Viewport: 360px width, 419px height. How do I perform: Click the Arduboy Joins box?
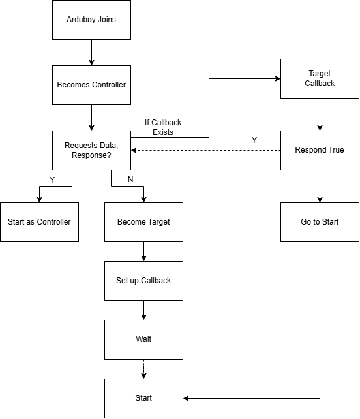91,20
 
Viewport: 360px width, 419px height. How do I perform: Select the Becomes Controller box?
91,85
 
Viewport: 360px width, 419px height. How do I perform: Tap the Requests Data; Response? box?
91,150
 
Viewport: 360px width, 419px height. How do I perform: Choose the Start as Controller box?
39,221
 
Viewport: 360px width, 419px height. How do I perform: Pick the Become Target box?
143,221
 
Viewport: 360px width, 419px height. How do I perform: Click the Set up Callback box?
143,281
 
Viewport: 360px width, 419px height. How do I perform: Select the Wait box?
143,339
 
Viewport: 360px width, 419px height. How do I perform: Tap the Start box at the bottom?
143,398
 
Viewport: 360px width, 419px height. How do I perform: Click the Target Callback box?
320,79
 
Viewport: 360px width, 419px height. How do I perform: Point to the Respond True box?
320,150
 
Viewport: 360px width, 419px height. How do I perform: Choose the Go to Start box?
320,221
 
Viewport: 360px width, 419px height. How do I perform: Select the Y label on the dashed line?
254,140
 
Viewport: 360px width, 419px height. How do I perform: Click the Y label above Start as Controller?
52,179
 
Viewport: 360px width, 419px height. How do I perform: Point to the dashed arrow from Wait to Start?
143,369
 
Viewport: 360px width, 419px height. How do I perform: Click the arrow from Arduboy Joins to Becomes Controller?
91,52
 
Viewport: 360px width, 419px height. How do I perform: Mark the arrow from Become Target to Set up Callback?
143,251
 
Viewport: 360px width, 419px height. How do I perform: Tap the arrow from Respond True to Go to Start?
320,186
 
